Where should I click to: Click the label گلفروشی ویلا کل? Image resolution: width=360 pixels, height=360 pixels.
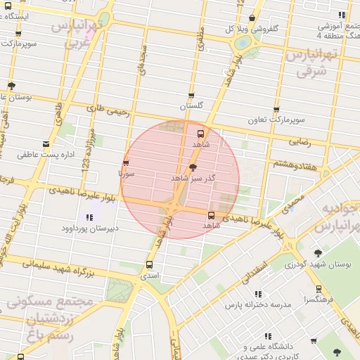(x=252, y=29)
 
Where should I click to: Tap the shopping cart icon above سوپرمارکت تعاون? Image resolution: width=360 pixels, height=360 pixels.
(x=276, y=110)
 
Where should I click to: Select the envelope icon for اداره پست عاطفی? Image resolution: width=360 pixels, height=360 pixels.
(x=46, y=144)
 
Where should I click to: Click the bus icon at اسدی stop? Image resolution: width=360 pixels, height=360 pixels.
(x=148, y=265)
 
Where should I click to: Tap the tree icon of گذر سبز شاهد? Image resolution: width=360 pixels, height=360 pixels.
(x=193, y=167)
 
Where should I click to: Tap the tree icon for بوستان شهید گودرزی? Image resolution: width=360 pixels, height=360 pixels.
(x=318, y=253)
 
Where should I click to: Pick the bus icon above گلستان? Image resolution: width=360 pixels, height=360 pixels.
(x=191, y=96)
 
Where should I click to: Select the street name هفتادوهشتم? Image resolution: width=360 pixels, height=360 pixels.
(x=291, y=163)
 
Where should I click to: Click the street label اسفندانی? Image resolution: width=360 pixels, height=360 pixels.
(x=255, y=270)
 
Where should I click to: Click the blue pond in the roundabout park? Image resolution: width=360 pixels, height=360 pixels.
(x=243, y=41)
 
